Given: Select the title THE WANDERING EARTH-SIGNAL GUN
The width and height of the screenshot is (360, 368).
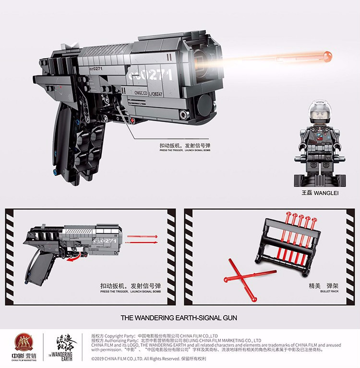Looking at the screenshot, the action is (179, 318).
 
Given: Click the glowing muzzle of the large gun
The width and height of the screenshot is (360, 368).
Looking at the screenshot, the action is (207, 61).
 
